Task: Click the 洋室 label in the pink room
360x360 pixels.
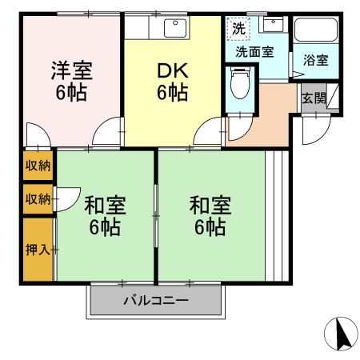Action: [72, 69]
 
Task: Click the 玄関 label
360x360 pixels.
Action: [313, 98]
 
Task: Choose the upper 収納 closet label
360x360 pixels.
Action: [37, 166]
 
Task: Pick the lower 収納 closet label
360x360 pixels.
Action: [37, 197]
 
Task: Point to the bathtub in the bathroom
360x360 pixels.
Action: [314, 31]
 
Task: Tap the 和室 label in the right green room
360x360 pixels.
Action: [210, 205]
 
